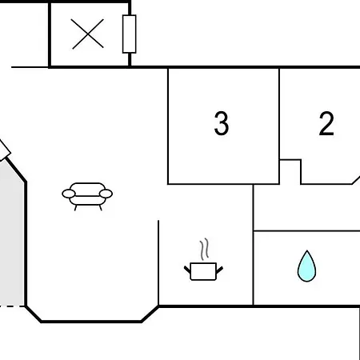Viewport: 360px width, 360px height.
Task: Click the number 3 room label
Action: tap(222, 123)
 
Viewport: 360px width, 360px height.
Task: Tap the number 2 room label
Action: tap(326, 123)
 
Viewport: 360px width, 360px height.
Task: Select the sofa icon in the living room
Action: tap(87, 197)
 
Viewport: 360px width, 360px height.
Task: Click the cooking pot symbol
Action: tap(203, 271)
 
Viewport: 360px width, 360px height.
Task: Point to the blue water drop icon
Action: tap(307, 266)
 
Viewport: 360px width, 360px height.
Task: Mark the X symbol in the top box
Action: tap(87, 34)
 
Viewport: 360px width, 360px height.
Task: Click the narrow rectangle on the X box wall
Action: tap(130, 34)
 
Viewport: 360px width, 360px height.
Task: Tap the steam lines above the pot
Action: tap(204, 249)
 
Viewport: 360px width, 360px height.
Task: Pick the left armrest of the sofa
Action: tap(69, 194)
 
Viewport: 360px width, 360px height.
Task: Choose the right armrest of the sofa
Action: tap(106, 194)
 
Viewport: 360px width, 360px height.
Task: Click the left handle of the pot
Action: tap(187, 270)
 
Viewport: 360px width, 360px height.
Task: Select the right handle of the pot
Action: tap(219, 270)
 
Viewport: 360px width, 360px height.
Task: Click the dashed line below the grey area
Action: tap(12, 306)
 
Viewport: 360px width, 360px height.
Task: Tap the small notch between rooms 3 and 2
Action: tap(290, 172)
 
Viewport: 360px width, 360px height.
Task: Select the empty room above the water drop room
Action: tap(306, 207)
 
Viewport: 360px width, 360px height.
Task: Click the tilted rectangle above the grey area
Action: tap(4, 150)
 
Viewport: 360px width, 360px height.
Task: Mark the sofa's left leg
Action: tap(76, 208)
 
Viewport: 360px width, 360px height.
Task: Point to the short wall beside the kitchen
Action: tap(158, 262)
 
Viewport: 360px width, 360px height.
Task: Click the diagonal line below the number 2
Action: tap(356, 180)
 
